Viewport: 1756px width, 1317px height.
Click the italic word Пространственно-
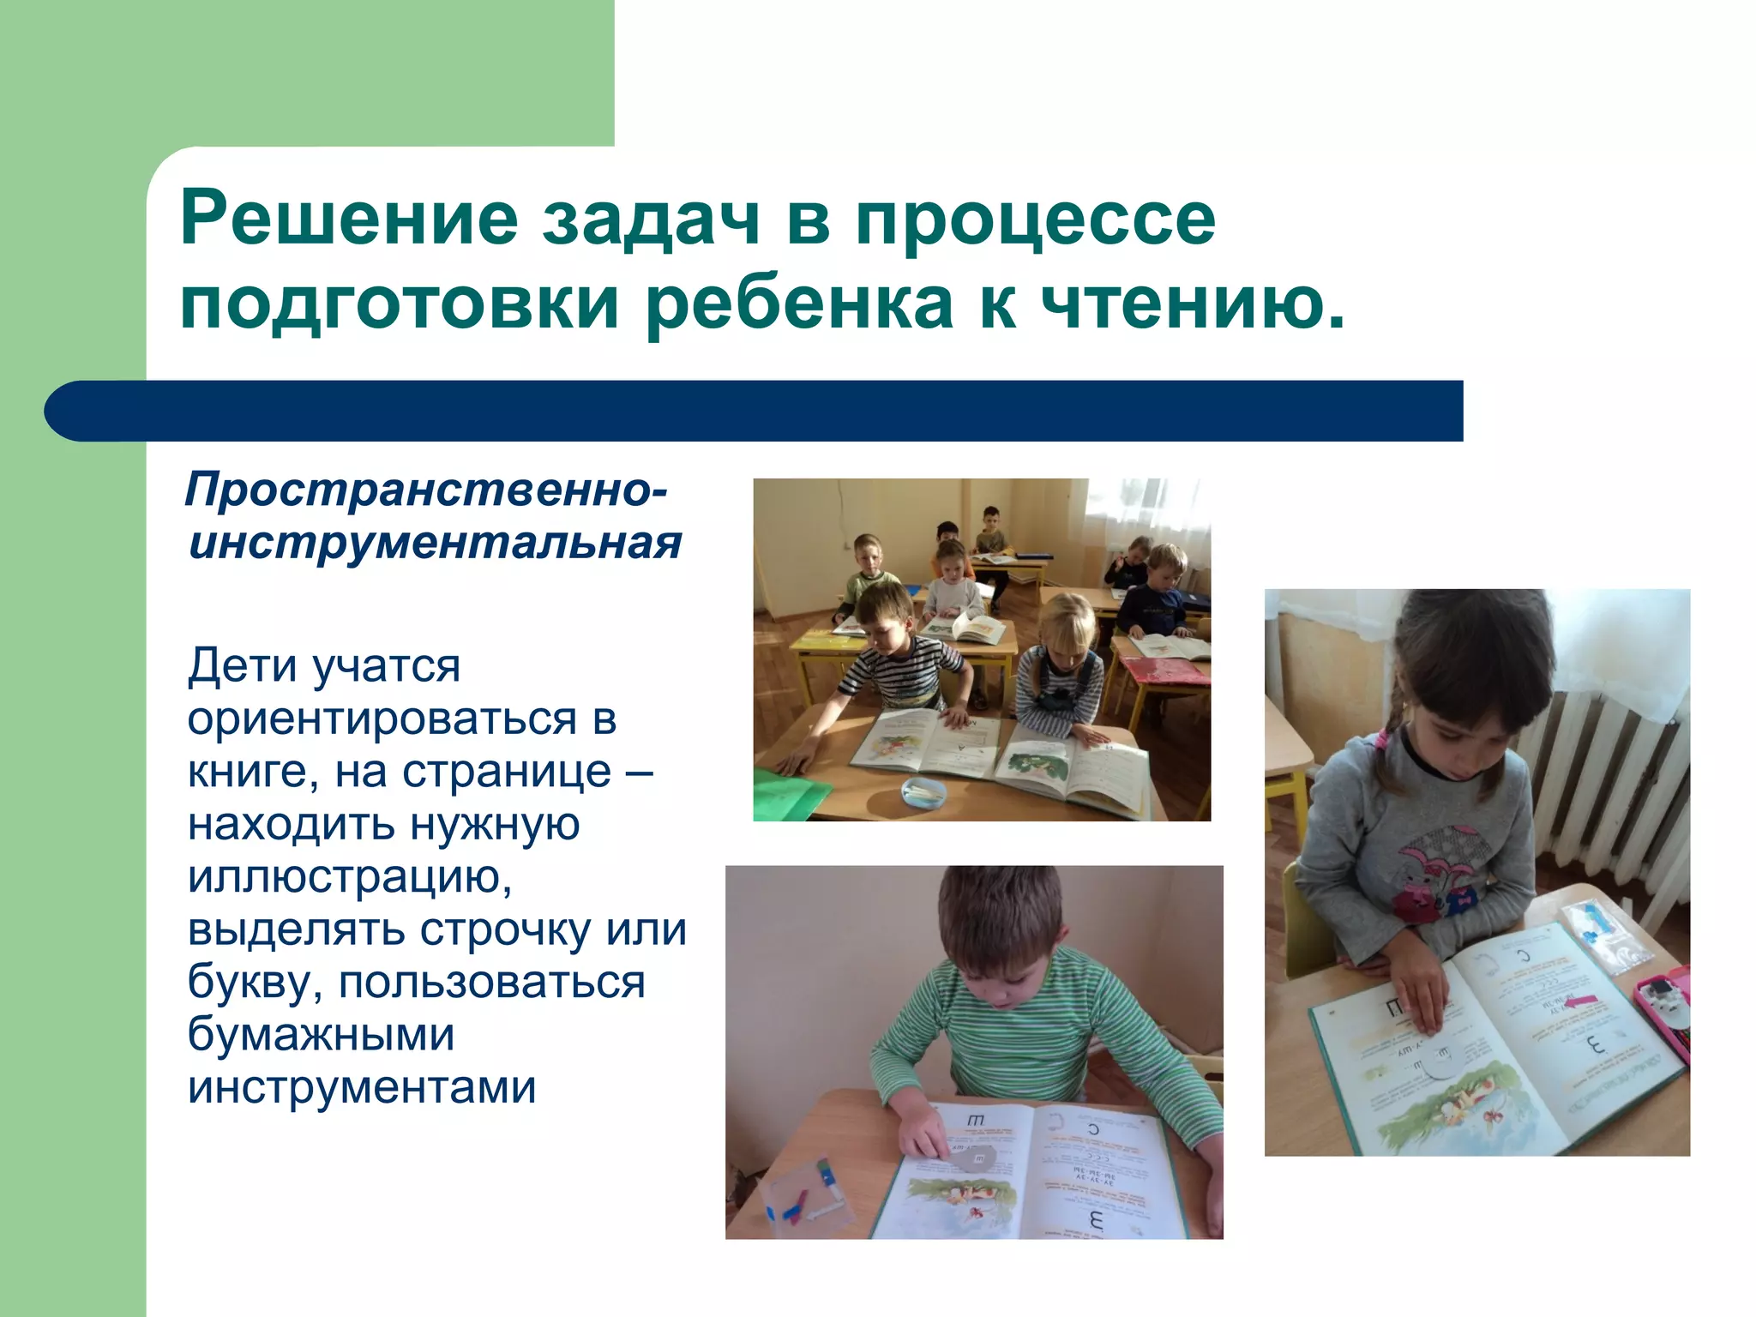pos(425,490)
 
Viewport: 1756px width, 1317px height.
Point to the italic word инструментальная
pos(435,543)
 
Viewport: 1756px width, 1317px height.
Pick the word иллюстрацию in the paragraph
pos(350,876)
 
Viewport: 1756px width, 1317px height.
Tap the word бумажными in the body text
pos(321,1034)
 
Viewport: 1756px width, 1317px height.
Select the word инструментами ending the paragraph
pos(362,1086)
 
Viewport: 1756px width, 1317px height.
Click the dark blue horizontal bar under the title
pos(755,412)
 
